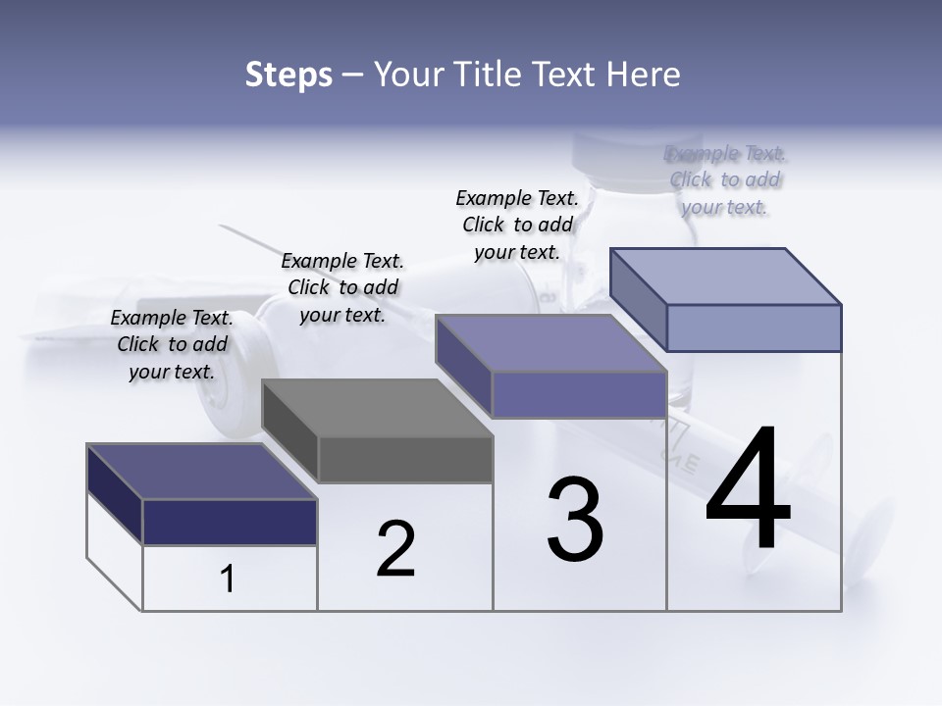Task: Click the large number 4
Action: pyautogui.click(x=748, y=490)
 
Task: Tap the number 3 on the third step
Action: pyautogui.click(x=575, y=520)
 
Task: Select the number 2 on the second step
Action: pyautogui.click(x=395, y=549)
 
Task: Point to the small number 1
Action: pyautogui.click(x=227, y=580)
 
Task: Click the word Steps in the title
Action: pyautogui.click(x=288, y=75)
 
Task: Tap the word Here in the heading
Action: pyautogui.click(x=644, y=75)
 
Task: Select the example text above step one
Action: pyautogui.click(x=172, y=344)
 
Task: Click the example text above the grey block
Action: pyautogui.click(x=342, y=287)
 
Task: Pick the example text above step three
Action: pyautogui.click(x=517, y=225)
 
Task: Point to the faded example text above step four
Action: pyautogui.click(x=725, y=179)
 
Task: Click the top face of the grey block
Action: pyautogui.click(x=378, y=408)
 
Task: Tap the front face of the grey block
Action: pyautogui.click(x=405, y=460)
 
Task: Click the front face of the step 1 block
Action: pyautogui.click(x=230, y=522)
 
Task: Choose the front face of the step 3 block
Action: pyautogui.click(x=579, y=394)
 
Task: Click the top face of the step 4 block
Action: pyautogui.click(x=726, y=277)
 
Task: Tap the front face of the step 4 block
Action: pyautogui.click(x=754, y=328)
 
